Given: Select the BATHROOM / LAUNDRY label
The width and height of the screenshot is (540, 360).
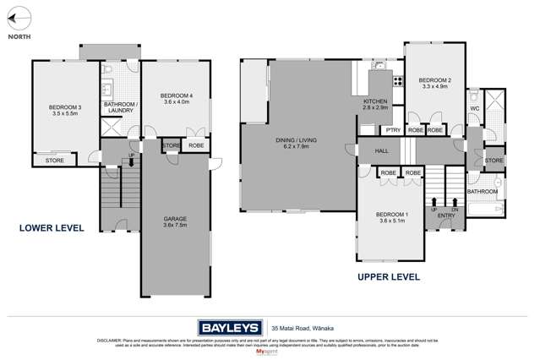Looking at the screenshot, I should (x=119, y=108).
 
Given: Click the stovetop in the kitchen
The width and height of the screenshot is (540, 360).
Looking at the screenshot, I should (x=397, y=81).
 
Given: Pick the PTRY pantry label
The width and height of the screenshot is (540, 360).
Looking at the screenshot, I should (x=392, y=131).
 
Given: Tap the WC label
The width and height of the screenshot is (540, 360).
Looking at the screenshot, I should (x=473, y=108).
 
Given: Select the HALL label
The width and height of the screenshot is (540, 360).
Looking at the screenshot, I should (x=380, y=151).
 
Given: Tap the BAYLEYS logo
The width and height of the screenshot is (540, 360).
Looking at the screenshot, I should (x=228, y=326).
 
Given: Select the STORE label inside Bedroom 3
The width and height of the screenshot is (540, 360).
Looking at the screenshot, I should (x=54, y=159).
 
